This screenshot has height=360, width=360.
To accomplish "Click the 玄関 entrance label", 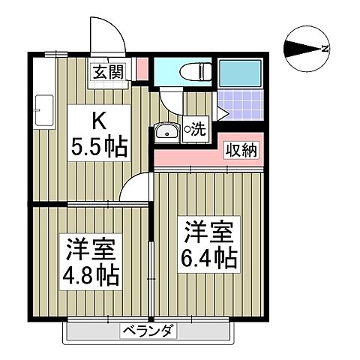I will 108,73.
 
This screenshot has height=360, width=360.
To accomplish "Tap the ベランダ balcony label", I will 148,331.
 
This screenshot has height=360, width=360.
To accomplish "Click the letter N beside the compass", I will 325,49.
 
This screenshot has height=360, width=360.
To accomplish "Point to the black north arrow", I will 301,49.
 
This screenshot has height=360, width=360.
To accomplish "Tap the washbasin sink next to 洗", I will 166,132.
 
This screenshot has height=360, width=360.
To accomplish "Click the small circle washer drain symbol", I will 187,127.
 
